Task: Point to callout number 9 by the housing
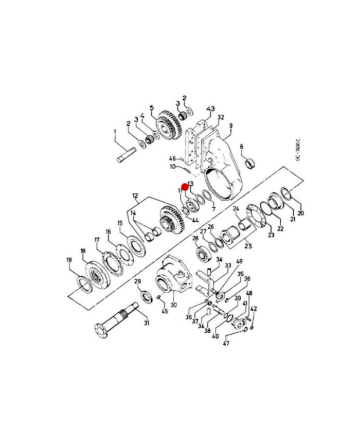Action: tap(231, 126)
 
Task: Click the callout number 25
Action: tap(248, 245)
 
